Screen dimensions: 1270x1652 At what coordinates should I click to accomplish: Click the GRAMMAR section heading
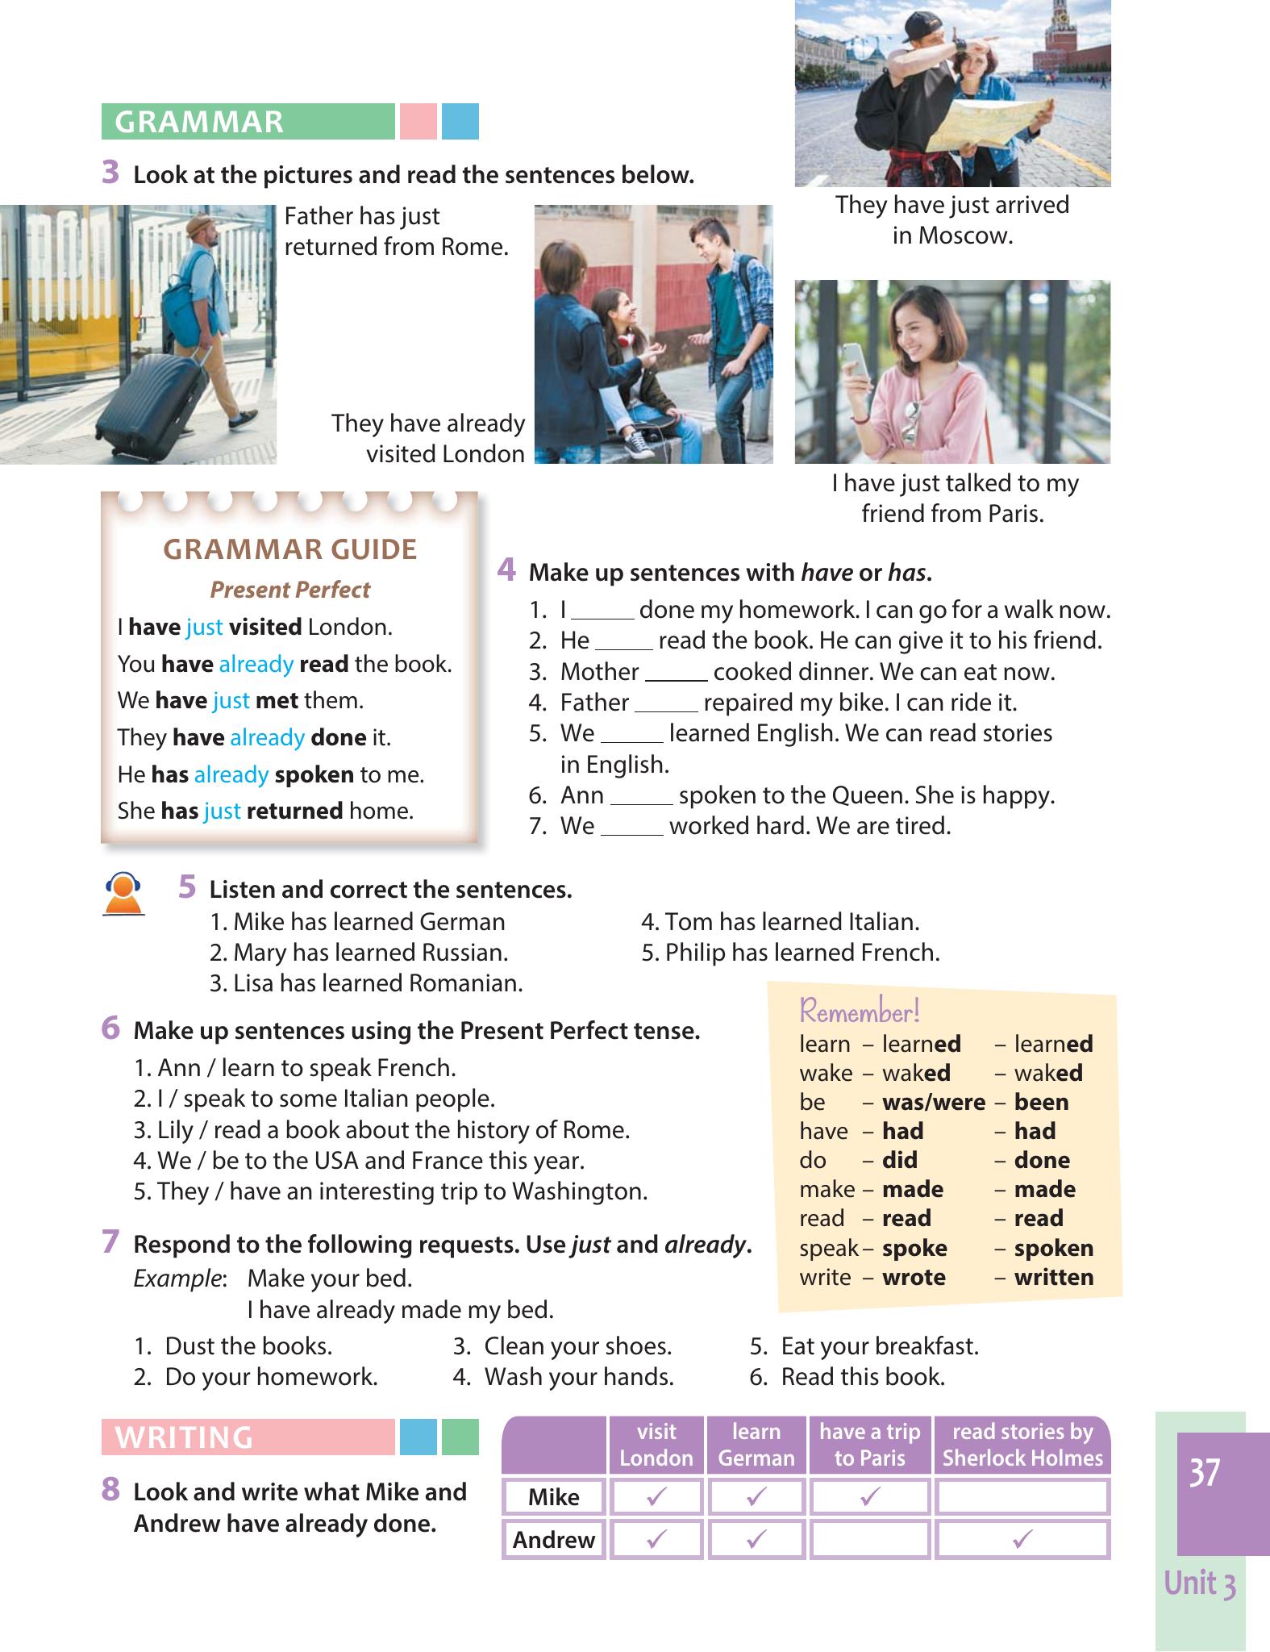point(199,122)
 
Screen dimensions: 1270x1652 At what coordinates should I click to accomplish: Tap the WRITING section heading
point(184,1437)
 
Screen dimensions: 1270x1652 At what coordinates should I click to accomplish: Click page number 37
point(1204,1473)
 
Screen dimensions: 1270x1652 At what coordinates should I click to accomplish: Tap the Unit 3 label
point(1200,1583)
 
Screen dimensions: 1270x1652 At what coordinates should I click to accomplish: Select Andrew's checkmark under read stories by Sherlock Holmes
point(1022,1539)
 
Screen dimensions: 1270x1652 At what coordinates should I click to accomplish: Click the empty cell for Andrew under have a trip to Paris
point(869,1539)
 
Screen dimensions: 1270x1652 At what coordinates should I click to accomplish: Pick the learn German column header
point(756,1445)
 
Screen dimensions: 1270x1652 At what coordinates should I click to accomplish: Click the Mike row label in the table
point(553,1497)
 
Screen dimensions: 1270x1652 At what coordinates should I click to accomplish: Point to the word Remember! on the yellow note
point(859,1011)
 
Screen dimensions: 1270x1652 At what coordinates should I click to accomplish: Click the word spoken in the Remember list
point(1054,1248)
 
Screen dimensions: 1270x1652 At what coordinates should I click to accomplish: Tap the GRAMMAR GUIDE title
point(290,549)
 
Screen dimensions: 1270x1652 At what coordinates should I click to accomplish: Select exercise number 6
point(111,1028)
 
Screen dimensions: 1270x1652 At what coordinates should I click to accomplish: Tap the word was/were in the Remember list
point(934,1102)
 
